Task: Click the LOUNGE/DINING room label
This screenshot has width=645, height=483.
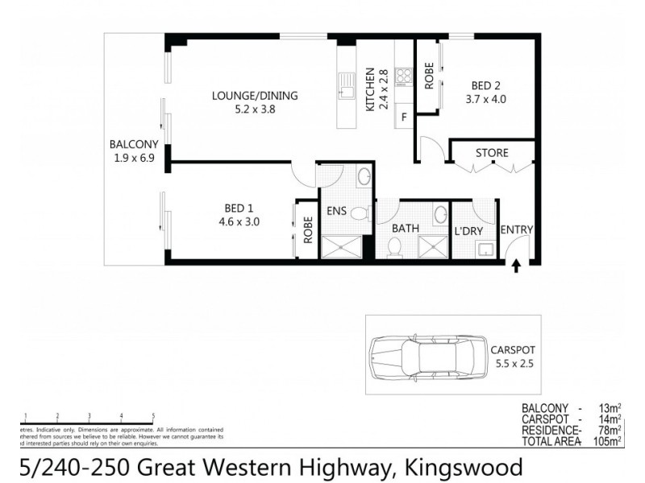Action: pos(255,96)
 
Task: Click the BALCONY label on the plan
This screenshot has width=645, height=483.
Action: pos(134,145)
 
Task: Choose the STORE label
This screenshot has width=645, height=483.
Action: pos(491,153)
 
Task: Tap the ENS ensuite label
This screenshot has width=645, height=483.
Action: pos(336,213)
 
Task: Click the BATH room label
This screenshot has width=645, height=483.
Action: pos(405,229)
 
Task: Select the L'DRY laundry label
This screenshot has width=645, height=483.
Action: pos(468,230)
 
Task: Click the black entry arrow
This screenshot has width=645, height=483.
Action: pos(517,265)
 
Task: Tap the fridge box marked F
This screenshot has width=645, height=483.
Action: pos(403,118)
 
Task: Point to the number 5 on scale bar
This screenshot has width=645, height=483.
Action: pos(152,416)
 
